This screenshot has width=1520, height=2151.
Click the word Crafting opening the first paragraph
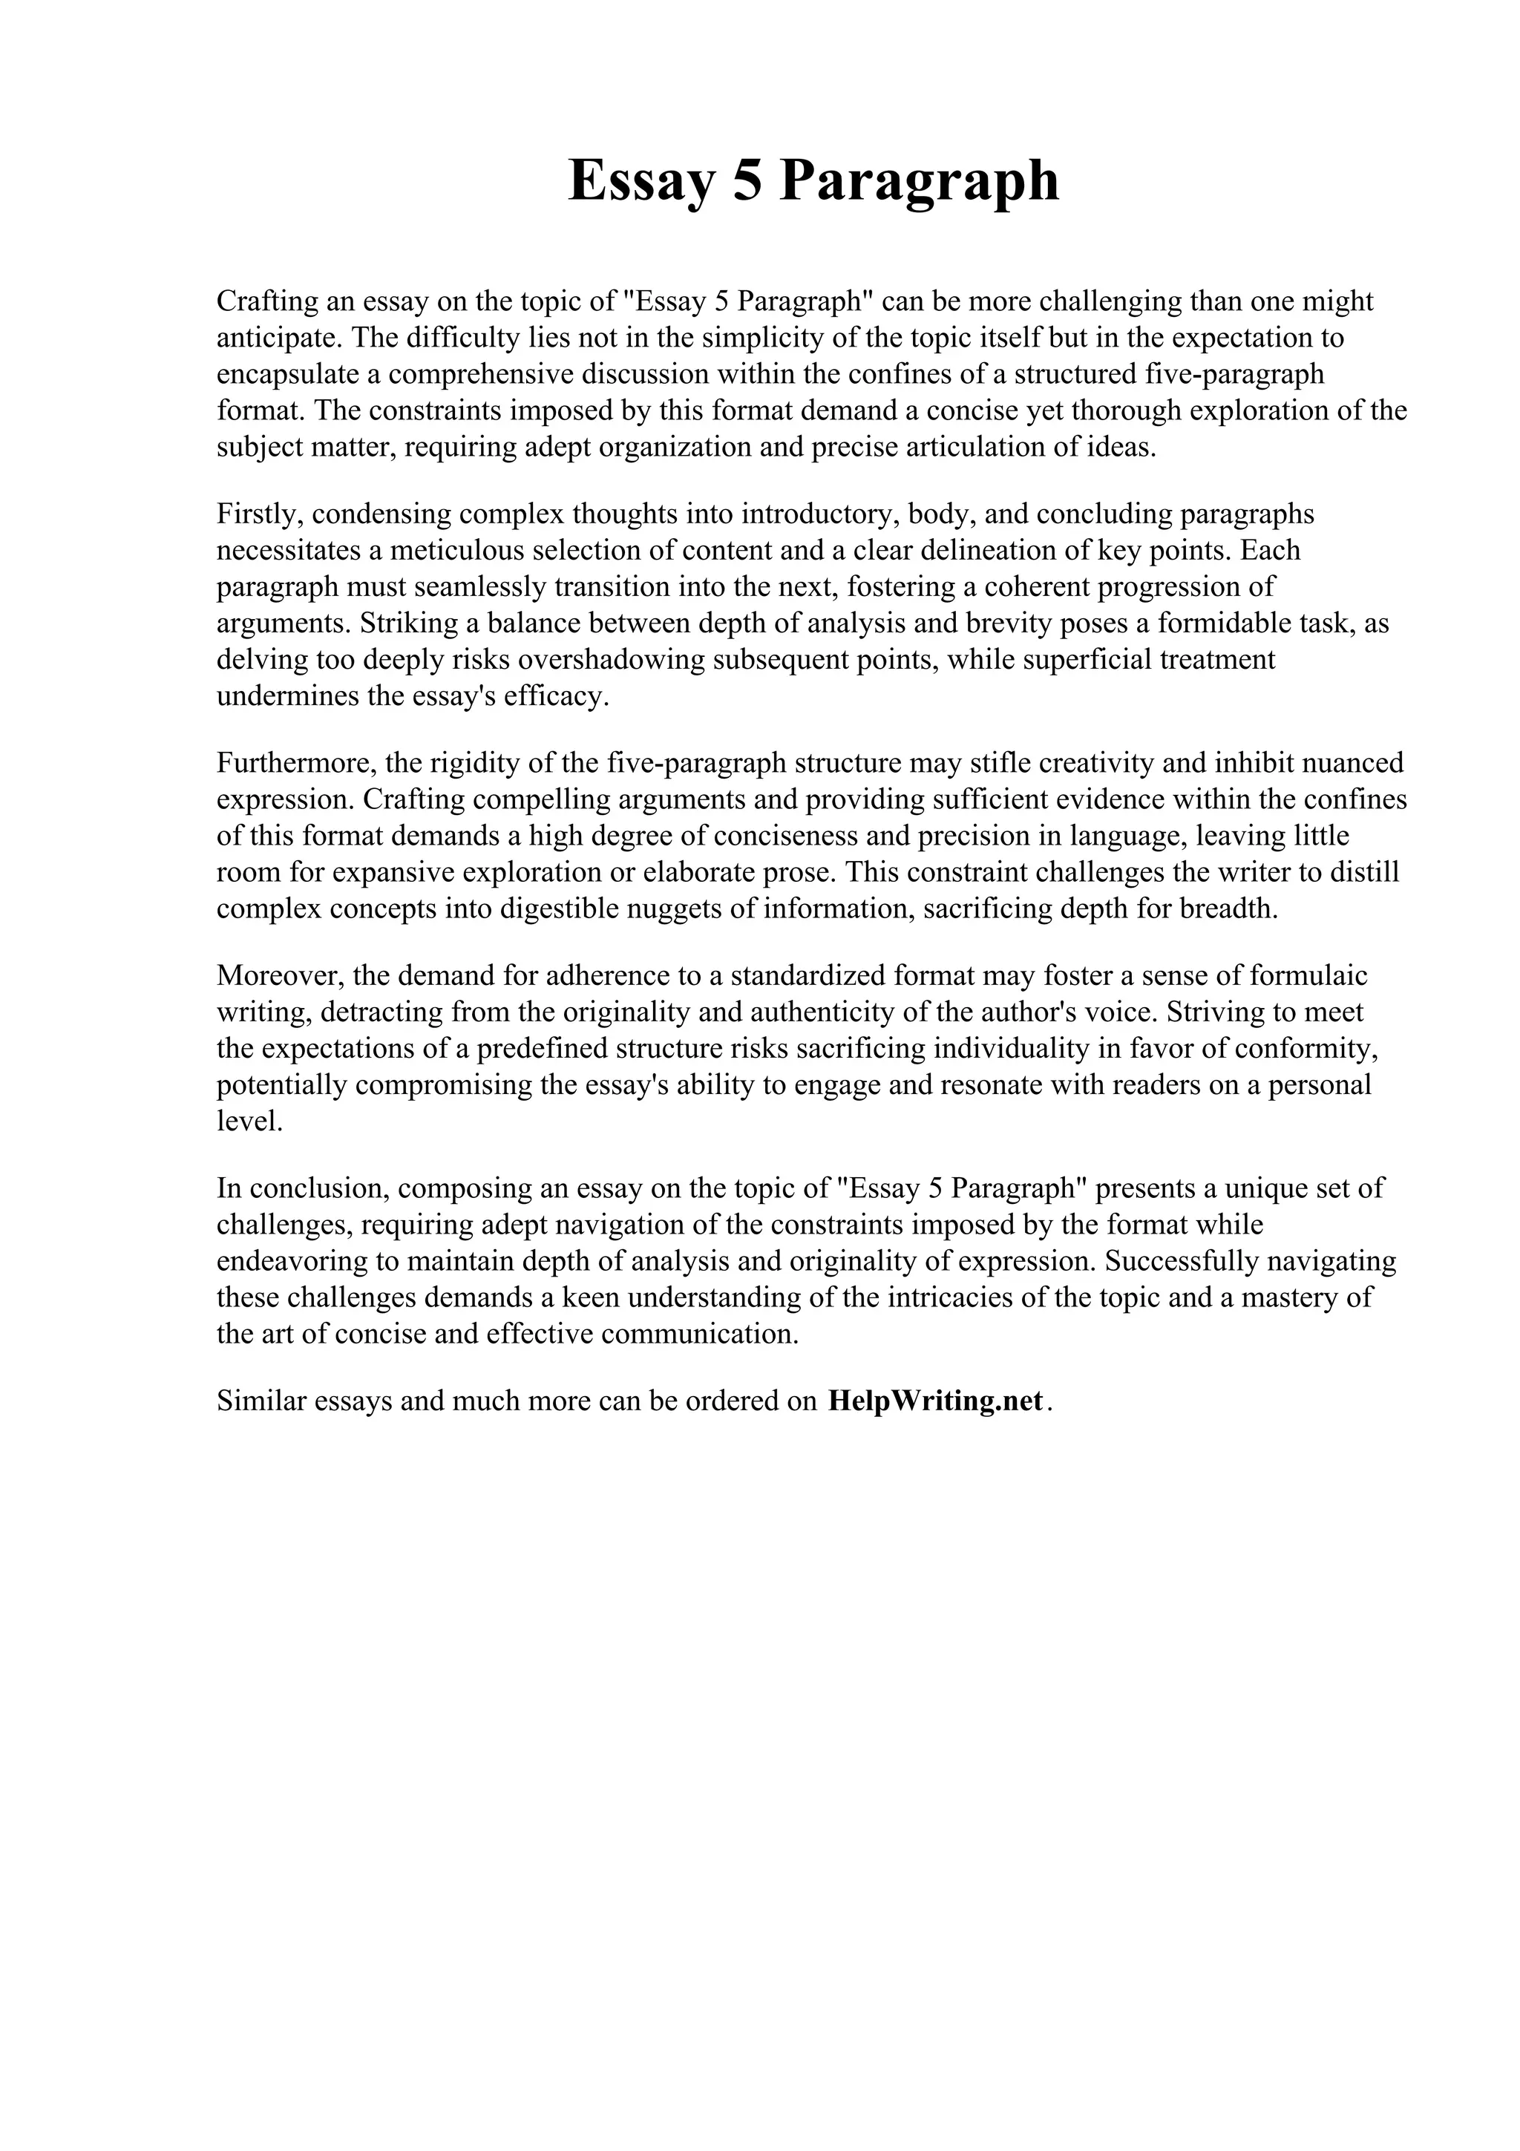(x=264, y=301)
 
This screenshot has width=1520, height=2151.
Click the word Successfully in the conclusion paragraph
(x=1181, y=1262)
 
